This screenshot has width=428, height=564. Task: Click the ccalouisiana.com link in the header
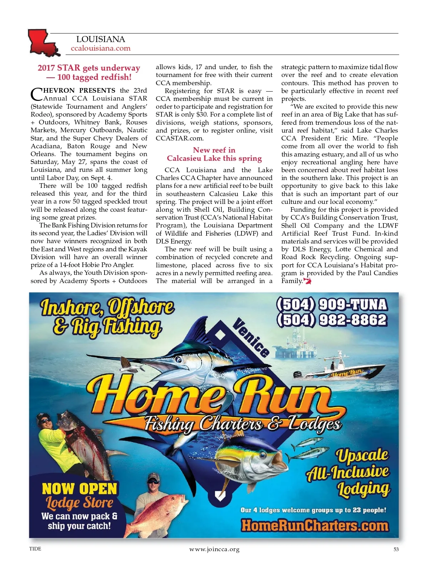coord(101,48)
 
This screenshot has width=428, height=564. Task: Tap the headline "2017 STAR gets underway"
coord(89,68)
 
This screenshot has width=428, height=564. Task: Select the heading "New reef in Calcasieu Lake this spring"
coord(214,154)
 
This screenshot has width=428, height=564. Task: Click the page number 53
coord(396,549)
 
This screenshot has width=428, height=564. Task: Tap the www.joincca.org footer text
coord(214,549)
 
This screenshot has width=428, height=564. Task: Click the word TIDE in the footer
coord(35,549)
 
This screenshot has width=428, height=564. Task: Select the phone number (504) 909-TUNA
coord(331,304)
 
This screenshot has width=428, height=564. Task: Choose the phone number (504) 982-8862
coord(331,320)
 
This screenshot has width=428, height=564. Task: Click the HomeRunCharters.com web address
coord(315,525)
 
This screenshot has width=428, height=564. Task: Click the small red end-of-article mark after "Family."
coord(307,281)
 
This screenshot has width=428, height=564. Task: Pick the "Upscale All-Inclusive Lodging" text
coord(351,473)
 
